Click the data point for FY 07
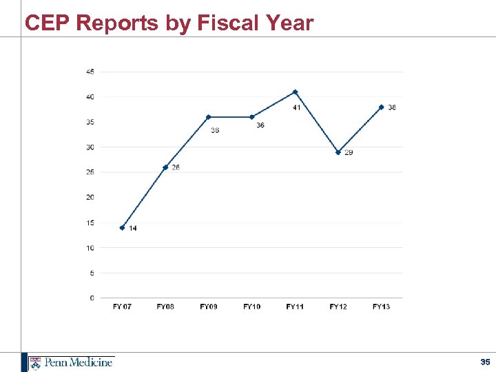pyautogui.click(x=122, y=227)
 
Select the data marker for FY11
pyautogui.click(x=295, y=92)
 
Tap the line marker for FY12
pyautogui.click(x=338, y=152)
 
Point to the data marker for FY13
pyautogui.click(x=381, y=107)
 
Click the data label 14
pyautogui.click(x=132, y=229)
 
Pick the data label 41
pyautogui.click(x=296, y=107)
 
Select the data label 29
pyautogui.click(x=349, y=152)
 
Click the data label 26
pyautogui.click(x=176, y=167)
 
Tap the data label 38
pyautogui.click(x=391, y=107)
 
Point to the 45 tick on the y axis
pyautogui.click(x=90, y=72)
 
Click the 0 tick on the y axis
pyautogui.click(x=92, y=298)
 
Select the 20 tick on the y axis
pyautogui.click(x=90, y=198)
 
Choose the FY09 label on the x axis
pyautogui.click(x=208, y=307)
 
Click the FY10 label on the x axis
pyautogui.click(x=251, y=307)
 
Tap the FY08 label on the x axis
pyautogui.click(x=165, y=307)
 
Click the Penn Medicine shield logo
pyautogui.click(x=35, y=362)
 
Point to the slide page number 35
pyautogui.click(x=485, y=362)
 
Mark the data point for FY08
pyautogui.click(x=165, y=167)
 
